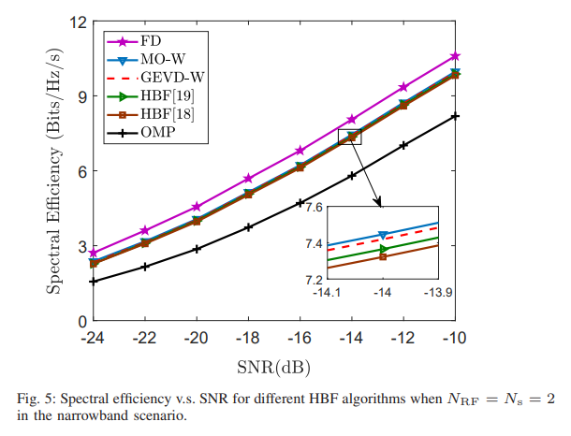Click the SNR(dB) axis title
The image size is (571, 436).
[x=273, y=363]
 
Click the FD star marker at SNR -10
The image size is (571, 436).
[x=455, y=57]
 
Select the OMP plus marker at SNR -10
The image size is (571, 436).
[x=455, y=116]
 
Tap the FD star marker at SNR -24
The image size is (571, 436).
[x=93, y=254]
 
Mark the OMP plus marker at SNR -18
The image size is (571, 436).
[x=248, y=227]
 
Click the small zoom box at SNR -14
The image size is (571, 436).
[x=349, y=137]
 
